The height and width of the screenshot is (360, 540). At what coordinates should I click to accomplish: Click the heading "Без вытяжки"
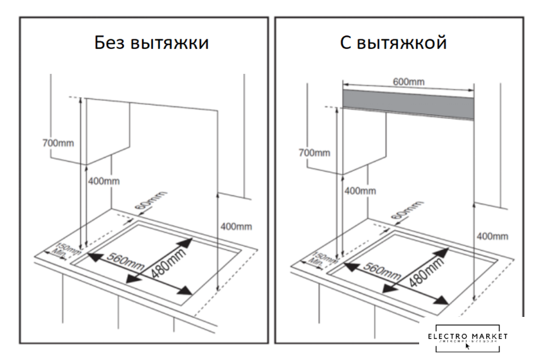click(152, 43)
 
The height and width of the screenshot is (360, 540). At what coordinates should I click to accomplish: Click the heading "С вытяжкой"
click(393, 43)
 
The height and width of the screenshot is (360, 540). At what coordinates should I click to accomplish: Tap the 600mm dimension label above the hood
click(408, 82)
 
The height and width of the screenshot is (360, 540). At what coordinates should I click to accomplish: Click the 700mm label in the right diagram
click(314, 152)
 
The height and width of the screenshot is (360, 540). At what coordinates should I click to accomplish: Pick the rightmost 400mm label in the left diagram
click(236, 226)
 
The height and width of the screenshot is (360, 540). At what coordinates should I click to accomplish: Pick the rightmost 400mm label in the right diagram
click(492, 236)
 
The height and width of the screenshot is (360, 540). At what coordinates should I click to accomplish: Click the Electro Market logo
click(467, 338)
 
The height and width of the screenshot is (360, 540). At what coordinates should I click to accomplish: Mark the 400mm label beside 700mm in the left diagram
click(104, 181)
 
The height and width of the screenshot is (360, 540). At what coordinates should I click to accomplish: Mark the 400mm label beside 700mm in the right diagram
click(359, 190)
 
